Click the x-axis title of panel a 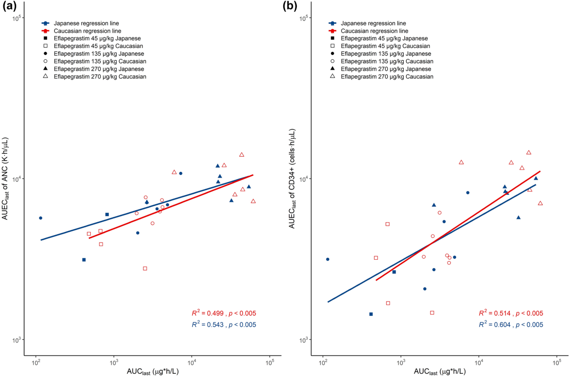pyautogui.click(x=152, y=371)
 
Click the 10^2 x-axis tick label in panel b pyautogui.click(x=323, y=362)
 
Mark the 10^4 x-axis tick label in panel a pyautogui.click(x=192, y=362)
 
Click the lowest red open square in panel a pyautogui.click(x=145, y=268)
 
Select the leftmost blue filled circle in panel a pyautogui.click(x=40, y=218)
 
